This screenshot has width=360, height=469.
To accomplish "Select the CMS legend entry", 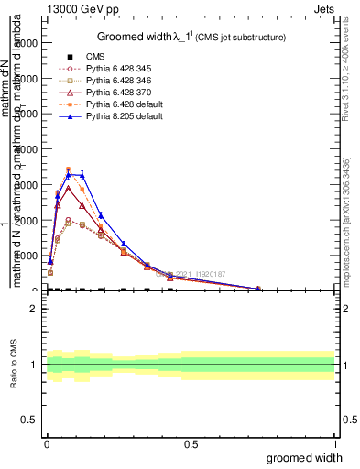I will pyautogui.click(x=96, y=57).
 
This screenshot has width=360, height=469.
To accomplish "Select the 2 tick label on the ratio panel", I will pyautogui.click(x=33, y=309).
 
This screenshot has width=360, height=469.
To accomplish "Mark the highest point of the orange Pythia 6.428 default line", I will pyautogui.click(x=68, y=169).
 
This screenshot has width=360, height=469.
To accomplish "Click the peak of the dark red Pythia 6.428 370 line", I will pyautogui.click(x=68, y=189).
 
